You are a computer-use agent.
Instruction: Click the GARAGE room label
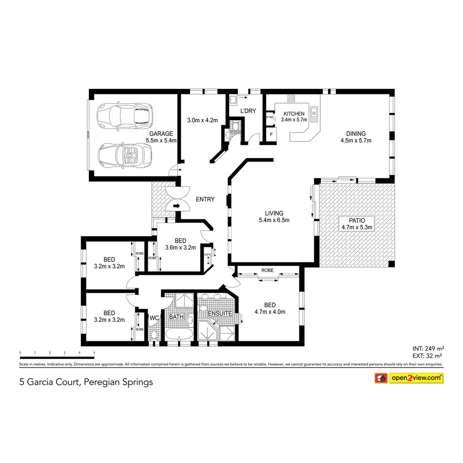[x=161, y=133]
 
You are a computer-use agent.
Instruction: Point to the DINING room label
[x=355, y=134]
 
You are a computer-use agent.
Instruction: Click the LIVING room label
[x=274, y=213]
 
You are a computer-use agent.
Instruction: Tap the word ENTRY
[x=205, y=199]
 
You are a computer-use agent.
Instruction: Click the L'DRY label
[x=248, y=111]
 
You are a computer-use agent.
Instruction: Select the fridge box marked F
[x=271, y=135]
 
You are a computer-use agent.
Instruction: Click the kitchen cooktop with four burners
[x=291, y=99]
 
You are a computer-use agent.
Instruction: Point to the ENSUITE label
[x=220, y=313]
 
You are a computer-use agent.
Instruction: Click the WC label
[x=154, y=318]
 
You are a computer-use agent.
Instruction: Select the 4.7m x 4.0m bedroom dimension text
[x=270, y=312]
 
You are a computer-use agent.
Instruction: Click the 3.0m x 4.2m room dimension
[x=203, y=120]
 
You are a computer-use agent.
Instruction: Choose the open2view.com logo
[x=416, y=378]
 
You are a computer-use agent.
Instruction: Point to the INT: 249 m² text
[x=426, y=348]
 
